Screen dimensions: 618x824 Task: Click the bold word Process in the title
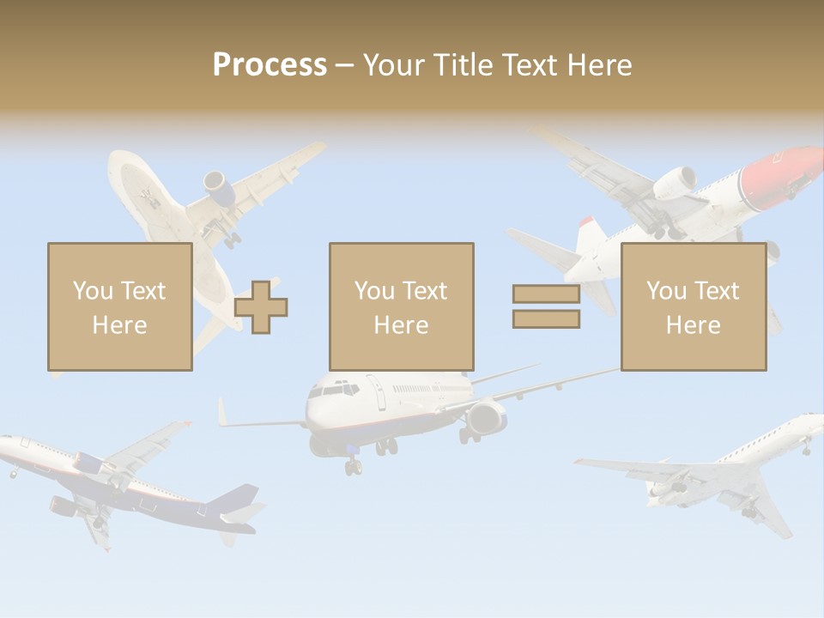[x=270, y=65]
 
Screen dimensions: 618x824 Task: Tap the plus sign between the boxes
[x=261, y=306]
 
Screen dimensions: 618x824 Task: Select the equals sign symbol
[x=546, y=306]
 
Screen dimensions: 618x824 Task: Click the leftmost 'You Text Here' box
[x=119, y=306]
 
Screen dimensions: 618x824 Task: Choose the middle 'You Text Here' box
[x=401, y=306]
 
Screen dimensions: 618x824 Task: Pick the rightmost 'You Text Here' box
[x=693, y=306]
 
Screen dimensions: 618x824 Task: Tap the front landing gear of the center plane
[x=353, y=466]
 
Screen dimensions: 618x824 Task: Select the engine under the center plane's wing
[x=486, y=418]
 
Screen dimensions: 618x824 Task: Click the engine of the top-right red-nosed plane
[x=676, y=181]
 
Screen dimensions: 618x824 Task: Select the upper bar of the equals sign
[x=546, y=294]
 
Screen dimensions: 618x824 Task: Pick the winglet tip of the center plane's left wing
[x=221, y=410]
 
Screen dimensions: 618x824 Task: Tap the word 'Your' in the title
[x=395, y=65]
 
